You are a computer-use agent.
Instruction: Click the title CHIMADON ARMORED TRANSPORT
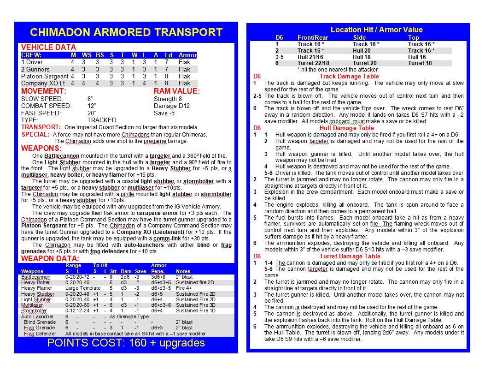click(126, 32)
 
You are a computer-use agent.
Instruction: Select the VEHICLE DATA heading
click(48, 47)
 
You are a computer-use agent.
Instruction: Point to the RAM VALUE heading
click(177, 91)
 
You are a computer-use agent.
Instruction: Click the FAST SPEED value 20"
click(92, 113)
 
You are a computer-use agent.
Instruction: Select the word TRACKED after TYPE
click(102, 120)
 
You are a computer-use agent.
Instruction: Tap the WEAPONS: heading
click(41, 149)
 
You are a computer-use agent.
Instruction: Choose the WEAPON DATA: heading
click(50, 258)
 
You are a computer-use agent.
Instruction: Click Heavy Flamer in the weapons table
click(37, 288)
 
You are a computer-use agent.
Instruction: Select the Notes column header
click(183, 271)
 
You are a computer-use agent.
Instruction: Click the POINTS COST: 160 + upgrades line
click(126, 343)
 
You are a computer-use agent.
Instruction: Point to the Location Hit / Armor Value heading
click(376, 30)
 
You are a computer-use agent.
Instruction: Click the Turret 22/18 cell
click(313, 63)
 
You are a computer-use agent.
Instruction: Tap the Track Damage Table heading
click(349, 76)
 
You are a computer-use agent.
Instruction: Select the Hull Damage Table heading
click(347, 128)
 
